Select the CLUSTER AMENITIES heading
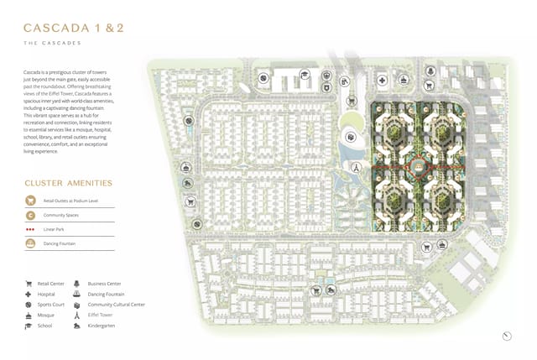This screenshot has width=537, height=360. (x=69, y=182)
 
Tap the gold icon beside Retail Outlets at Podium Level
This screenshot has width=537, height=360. (x=31, y=201)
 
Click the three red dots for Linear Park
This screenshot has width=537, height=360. (x=31, y=229)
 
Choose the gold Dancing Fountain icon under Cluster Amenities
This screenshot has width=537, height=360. (x=31, y=243)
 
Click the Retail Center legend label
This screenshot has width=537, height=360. (x=51, y=284)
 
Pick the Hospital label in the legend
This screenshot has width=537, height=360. (x=47, y=295)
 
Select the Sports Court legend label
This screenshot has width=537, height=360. (x=51, y=305)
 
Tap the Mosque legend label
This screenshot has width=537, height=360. (x=46, y=315)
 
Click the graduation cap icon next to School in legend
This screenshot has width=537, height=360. (x=29, y=326)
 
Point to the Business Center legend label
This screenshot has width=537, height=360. (x=103, y=284)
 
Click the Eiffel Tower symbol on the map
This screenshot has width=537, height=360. (x=356, y=167)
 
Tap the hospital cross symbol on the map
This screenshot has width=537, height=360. (x=382, y=81)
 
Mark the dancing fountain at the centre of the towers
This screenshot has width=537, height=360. (x=414, y=169)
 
